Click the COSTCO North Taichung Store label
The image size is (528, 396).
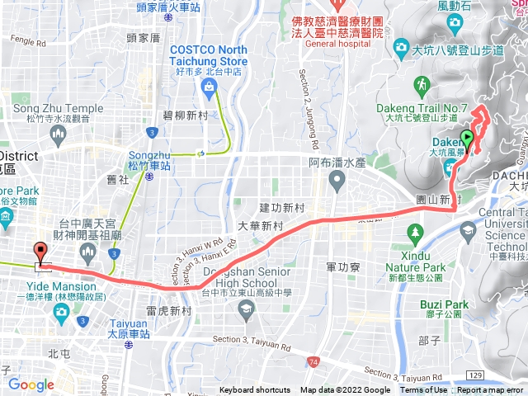coord(209,55)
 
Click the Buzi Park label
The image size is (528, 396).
coord(443,304)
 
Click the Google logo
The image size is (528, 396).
coord(31,384)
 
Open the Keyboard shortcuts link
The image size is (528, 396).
coord(256,390)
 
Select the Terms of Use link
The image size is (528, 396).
coord(424,390)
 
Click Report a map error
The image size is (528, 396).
coord(491,390)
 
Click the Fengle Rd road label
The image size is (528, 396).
coord(27,41)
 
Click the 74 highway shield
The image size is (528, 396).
coord(312,361)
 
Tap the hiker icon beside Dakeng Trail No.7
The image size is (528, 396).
coord(422,84)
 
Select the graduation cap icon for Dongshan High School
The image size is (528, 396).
coord(245,309)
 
